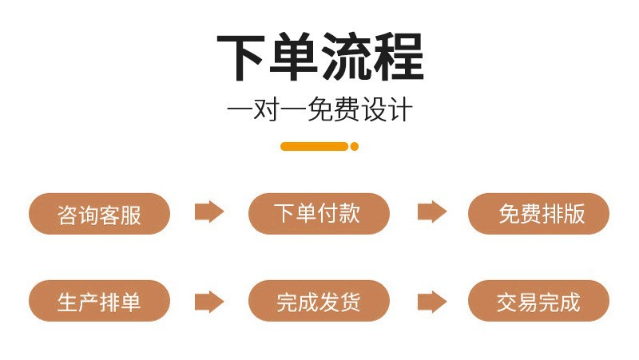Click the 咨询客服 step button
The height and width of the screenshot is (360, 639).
[x=99, y=214]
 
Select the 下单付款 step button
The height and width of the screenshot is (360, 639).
[x=319, y=214]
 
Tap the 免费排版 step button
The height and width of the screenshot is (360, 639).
[x=538, y=214]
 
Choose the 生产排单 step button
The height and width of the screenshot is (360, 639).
[x=99, y=301]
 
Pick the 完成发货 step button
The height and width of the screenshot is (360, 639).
[x=319, y=301]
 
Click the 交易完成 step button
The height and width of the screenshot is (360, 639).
[x=538, y=301]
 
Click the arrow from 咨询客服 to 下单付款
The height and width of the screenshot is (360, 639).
[x=209, y=212]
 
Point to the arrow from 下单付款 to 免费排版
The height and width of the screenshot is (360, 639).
[x=431, y=212]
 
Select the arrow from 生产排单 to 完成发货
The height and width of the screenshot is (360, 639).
[x=209, y=301]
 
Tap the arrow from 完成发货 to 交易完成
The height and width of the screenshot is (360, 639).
[x=431, y=301]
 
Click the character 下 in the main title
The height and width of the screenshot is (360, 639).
[x=242, y=57]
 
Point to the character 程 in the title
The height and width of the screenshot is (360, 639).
[x=397, y=57]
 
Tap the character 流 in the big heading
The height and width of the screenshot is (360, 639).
[x=345, y=57]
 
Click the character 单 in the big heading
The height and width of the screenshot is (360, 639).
[x=293, y=57]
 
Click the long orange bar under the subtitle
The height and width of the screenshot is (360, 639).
[x=314, y=146]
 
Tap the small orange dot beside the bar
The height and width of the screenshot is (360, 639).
[x=355, y=146]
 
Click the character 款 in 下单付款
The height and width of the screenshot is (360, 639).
[x=350, y=213]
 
